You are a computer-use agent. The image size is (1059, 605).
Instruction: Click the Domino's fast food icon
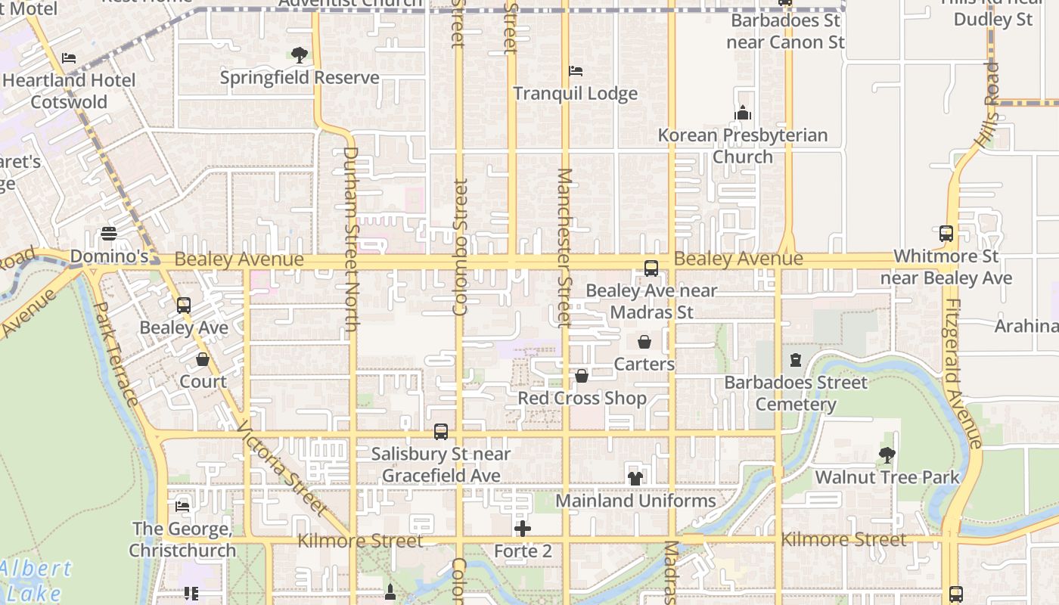point(109,234)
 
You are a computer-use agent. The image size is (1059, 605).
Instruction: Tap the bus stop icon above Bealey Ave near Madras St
point(651,268)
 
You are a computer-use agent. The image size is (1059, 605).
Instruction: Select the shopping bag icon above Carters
point(644,342)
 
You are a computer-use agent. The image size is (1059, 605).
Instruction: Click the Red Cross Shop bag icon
point(581,376)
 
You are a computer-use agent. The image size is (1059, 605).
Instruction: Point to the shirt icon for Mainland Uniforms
point(635,478)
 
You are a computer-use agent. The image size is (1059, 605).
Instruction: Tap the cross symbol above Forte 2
point(522,529)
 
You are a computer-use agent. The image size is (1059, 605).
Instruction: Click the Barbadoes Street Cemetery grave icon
point(795,360)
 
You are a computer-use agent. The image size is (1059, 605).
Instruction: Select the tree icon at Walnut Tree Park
point(887,455)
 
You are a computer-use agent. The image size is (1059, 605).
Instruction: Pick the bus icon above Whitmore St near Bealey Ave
point(946,234)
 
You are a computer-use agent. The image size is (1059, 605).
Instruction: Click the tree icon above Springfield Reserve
point(300,55)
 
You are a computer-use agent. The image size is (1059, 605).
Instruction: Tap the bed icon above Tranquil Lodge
point(576,71)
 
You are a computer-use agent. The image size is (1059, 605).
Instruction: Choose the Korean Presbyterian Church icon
point(743,113)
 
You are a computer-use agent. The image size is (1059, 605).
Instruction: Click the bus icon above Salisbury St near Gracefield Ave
point(440,432)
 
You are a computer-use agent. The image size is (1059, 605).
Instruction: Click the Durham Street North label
point(350,238)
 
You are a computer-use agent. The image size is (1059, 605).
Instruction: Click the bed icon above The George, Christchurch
point(182,506)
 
